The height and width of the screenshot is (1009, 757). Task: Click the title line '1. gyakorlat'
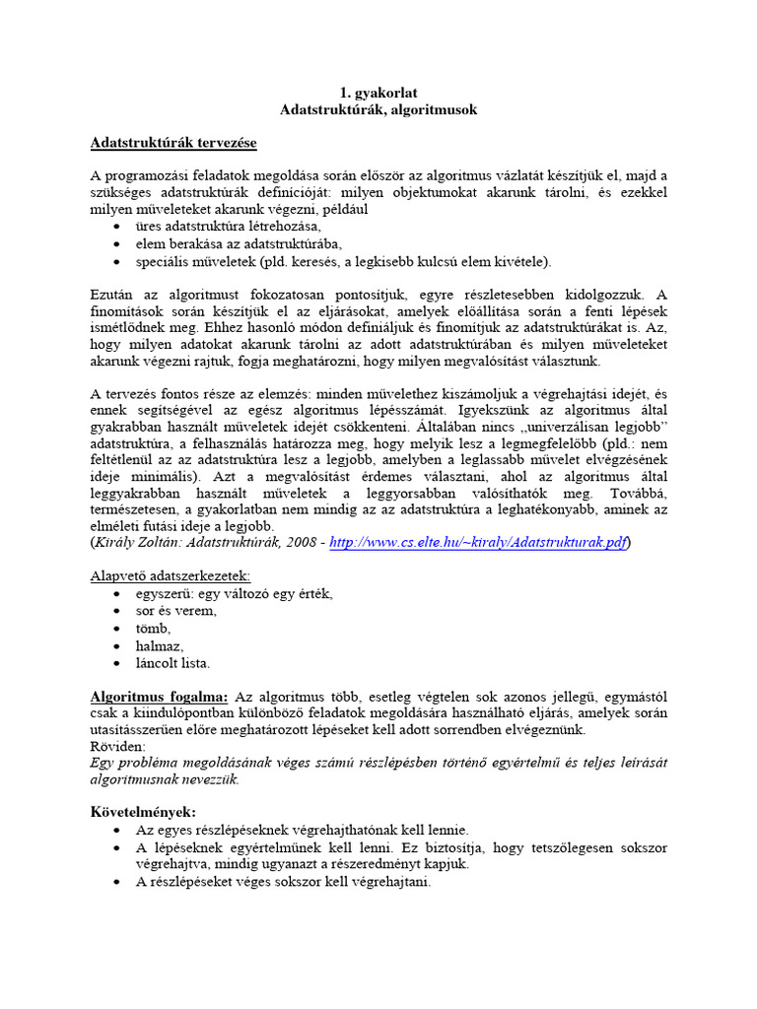[378, 93]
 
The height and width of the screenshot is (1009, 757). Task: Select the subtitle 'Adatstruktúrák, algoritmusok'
[378, 110]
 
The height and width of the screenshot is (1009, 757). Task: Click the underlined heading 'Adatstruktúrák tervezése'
[173, 144]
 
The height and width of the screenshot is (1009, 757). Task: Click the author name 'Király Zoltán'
[136, 543]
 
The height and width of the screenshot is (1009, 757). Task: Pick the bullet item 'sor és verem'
[176, 611]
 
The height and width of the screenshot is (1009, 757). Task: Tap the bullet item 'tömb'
[154, 629]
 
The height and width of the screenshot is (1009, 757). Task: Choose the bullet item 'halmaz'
[160, 646]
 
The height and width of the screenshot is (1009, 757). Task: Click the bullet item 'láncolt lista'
[172, 664]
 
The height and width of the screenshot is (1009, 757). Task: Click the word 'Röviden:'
[117, 747]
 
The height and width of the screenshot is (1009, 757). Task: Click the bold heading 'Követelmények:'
[143, 813]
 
